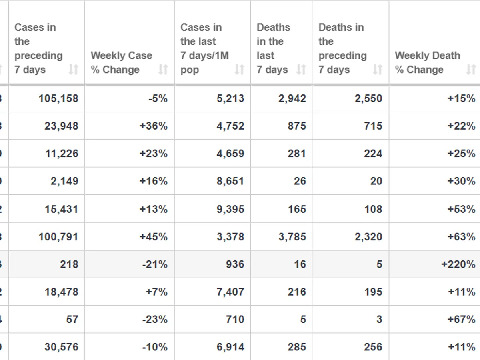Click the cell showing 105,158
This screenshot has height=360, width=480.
(58, 98)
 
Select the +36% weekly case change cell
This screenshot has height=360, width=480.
(154, 126)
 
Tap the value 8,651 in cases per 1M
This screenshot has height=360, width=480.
(230, 181)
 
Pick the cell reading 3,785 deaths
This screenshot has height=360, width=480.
(292, 237)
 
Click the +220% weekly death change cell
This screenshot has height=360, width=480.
(458, 264)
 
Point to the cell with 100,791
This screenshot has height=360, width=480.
(58, 237)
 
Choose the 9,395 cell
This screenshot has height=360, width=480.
(230, 209)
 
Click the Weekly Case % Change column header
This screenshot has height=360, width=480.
(121, 62)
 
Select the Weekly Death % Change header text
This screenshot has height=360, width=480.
(427, 62)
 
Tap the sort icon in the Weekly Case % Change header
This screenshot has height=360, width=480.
(163, 70)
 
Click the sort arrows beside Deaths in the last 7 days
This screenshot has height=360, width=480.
(301, 70)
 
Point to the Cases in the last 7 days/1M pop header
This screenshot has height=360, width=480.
(204, 48)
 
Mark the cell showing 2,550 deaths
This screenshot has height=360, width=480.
(368, 98)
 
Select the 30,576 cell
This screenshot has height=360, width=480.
(61, 347)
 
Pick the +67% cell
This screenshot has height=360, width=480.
(462, 320)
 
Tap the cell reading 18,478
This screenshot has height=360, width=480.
(61, 292)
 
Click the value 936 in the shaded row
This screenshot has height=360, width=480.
(235, 264)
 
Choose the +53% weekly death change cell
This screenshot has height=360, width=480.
(462, 209)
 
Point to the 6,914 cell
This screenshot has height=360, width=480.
(230, 347)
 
